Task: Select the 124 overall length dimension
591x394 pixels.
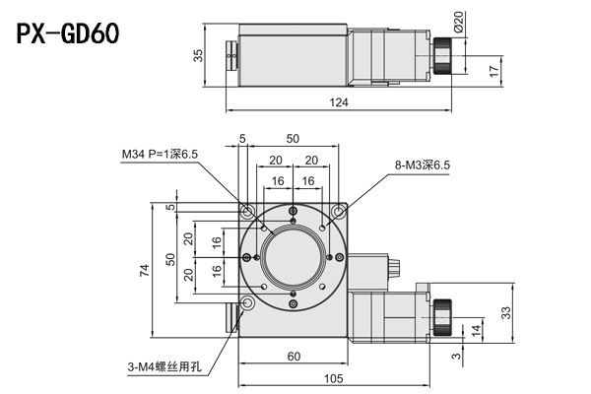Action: [x=339, y=103]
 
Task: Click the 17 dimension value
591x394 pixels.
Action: [x=492, y=70]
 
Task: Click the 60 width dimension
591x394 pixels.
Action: [x=293, y=356]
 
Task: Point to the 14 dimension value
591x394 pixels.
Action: [x=477, y=329]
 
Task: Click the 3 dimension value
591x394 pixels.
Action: [x=456, y=347]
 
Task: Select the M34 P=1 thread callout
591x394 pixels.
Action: [x=159, y=155]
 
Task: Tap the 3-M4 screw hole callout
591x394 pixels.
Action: [x=163, y=365]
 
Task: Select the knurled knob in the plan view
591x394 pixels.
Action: [x=443, y=314]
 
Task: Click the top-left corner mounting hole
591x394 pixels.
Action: [x=245, y=211]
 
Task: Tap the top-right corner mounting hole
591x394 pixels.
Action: [x=339, y=211]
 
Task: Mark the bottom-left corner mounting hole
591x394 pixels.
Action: [x=245, y=305]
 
